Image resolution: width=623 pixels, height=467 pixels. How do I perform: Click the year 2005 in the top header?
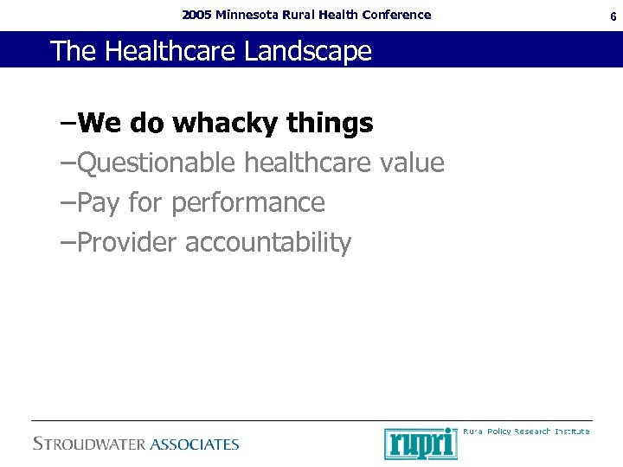[196, 15]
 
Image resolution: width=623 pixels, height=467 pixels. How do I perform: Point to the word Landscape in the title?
[308, 51]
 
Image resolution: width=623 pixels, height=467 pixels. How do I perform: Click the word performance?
[248, 203]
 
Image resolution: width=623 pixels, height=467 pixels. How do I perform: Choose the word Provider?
[127, 243]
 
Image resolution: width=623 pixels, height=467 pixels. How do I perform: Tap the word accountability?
[268, 243]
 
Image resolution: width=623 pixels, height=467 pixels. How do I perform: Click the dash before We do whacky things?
[67, 125]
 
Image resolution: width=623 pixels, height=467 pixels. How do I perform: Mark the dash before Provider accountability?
[67, 243]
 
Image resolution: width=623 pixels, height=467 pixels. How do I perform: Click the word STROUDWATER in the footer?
[89, 445]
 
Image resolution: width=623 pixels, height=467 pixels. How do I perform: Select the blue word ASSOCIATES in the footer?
[195, 445]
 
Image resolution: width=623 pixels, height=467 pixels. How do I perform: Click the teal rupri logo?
[421, 443]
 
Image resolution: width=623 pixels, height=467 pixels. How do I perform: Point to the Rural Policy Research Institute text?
[526, 431]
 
